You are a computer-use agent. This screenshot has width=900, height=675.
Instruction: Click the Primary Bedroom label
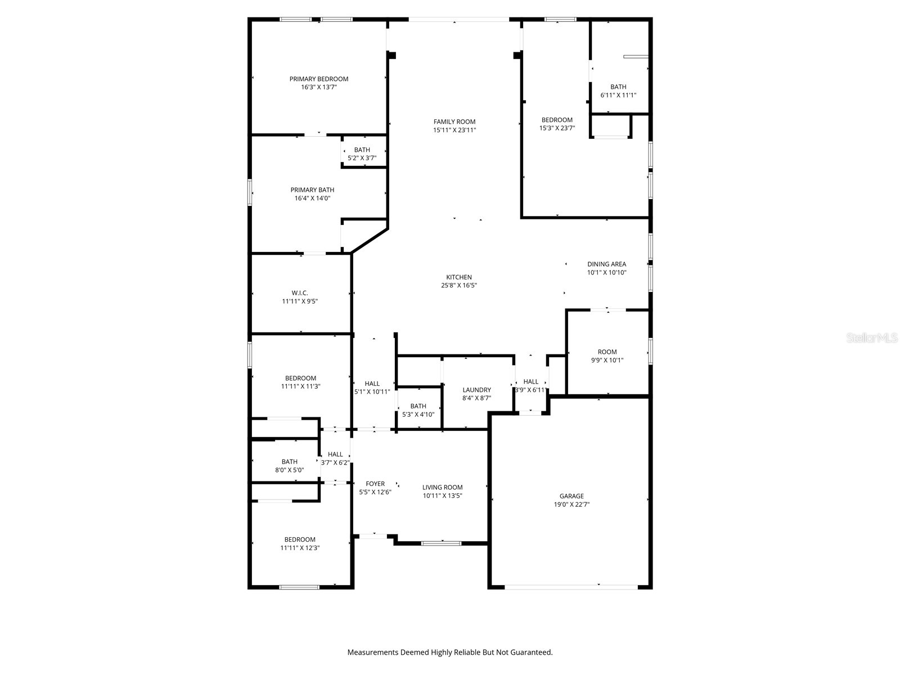319,79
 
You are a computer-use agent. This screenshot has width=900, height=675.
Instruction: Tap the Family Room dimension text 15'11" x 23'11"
454,130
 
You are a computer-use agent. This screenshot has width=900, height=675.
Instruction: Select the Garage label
571,496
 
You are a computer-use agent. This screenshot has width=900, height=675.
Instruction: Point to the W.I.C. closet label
300,293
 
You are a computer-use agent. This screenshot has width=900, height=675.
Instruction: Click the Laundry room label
476,390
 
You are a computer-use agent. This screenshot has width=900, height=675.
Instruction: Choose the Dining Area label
606,264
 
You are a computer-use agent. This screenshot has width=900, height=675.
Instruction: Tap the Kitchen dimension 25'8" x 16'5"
459,285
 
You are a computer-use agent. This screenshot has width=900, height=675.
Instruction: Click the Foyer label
375,484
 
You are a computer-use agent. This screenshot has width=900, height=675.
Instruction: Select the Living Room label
443,488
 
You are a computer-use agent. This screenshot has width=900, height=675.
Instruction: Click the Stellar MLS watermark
871,337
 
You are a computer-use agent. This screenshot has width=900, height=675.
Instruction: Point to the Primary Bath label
312,190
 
